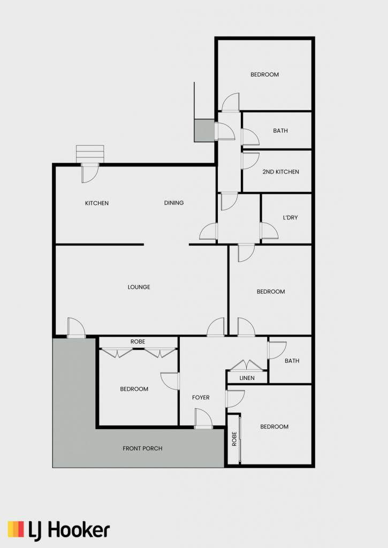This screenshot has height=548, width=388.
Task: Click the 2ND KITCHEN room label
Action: (x=280, y=172)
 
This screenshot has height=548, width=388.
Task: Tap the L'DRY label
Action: (x=290, y=217)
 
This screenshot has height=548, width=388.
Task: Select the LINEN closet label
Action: (x=247, y=378)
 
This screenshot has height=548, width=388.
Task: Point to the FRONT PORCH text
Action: (x=142, y=448)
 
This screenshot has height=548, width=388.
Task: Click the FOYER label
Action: (x=201, y=398)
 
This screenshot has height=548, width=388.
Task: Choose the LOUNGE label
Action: (x=139, y=287)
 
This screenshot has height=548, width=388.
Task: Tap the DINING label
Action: (x=174, y=203)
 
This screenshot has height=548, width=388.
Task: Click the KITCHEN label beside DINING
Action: (x=97, y=203)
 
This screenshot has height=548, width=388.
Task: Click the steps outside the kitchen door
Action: (x=90, y=154)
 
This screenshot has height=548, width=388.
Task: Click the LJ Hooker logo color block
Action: (x=16, y=529)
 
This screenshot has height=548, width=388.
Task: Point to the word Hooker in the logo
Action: (x=79, y=530)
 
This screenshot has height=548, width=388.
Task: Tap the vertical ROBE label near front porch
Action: (x=234, y=439)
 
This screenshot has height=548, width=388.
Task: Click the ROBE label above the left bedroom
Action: (x=138, y=341)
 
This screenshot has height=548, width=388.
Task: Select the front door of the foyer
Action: (x=203, y=418)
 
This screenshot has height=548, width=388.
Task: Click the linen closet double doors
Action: (x=247, y=365)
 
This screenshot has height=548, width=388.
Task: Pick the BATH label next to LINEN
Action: (x=292, y=361)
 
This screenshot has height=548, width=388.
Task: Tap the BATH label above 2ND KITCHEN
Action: (x=280, y=131)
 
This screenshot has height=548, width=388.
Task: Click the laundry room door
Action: (x=269, y=231)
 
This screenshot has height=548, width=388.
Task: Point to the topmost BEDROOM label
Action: (x=264, y=74)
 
